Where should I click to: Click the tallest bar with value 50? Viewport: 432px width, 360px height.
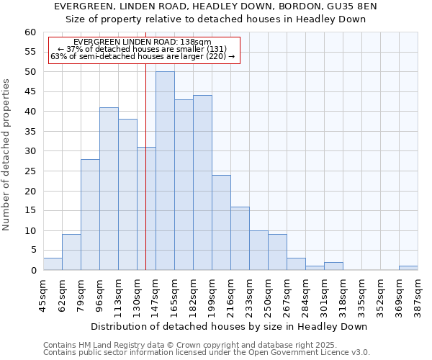[165, 171]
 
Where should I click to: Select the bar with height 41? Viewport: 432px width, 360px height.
[109, 189]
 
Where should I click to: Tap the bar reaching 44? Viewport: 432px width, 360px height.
[202, 183]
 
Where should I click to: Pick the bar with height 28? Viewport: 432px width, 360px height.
[90, 215]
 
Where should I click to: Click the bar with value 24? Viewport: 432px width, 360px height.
[221, 222]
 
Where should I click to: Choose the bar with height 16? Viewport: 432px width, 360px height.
[240, 238]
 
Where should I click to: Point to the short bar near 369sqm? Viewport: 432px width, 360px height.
[408, 268]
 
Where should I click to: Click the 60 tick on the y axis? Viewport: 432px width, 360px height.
[30, 32]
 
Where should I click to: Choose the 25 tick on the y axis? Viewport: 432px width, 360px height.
[30, 171]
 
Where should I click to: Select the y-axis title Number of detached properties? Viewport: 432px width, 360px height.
[6, 151]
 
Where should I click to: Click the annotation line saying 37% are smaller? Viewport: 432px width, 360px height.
[142, 49]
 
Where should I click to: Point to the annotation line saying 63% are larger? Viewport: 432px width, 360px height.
[143, 56]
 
